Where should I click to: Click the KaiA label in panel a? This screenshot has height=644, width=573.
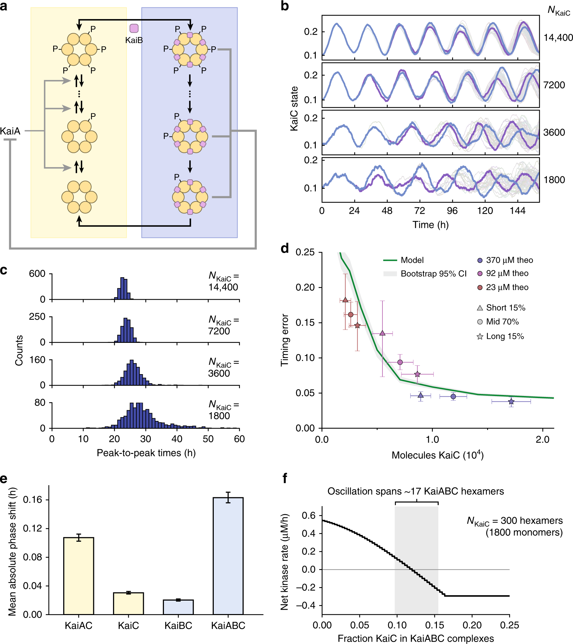pos(10,131)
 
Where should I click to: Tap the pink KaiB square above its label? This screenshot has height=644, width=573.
pos(134,28)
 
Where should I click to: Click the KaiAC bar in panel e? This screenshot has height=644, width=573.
pos(78,576)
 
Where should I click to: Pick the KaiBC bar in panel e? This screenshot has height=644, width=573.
pos(178,607)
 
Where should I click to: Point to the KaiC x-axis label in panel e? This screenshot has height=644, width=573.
pos(128,625)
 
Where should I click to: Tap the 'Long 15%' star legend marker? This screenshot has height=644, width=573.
pos(480,336)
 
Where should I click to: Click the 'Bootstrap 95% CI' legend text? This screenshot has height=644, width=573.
pos(433,274)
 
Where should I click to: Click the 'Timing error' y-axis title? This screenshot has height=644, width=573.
pos(285,340)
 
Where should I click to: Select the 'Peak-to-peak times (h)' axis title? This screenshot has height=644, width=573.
pos(146,453)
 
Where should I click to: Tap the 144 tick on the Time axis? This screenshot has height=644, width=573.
pos(517,211)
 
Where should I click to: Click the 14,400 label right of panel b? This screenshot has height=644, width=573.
pos(558,38)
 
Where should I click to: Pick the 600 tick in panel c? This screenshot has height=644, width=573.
pos(37,274)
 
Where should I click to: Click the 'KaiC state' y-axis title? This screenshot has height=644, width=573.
pos(294,108)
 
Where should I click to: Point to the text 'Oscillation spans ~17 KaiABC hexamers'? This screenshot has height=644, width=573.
pos(416,491)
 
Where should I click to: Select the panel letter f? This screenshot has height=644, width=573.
pos(285,478)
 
